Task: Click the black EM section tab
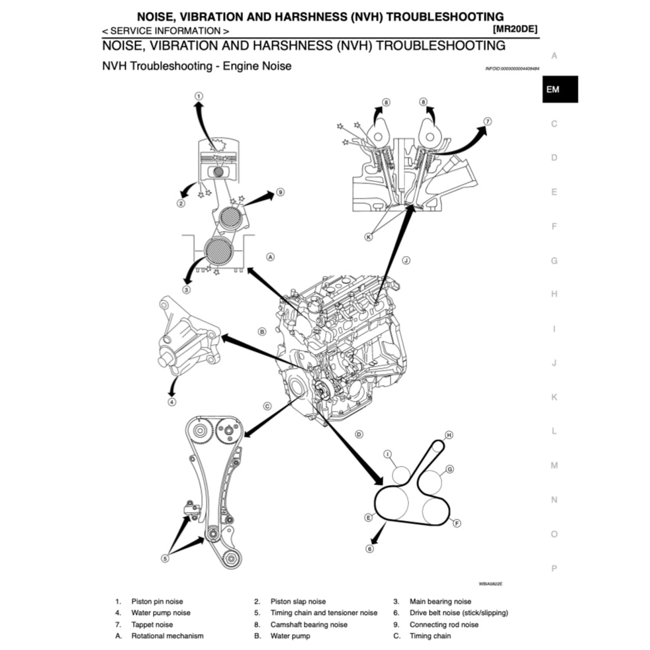559,89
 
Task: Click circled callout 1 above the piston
198,97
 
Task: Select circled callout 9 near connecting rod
280,192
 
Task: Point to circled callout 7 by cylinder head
487,121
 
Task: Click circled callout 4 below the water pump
171,401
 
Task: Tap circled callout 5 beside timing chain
165,557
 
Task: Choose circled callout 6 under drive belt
369,548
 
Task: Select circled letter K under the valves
369,236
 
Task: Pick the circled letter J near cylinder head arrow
406,261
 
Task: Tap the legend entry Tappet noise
152,624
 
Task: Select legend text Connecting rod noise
443,624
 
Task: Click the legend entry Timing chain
430,635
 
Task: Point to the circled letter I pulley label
389,454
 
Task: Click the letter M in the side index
554,465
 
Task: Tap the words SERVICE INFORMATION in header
166,30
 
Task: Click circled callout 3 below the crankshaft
186,289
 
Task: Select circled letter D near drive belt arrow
358,434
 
